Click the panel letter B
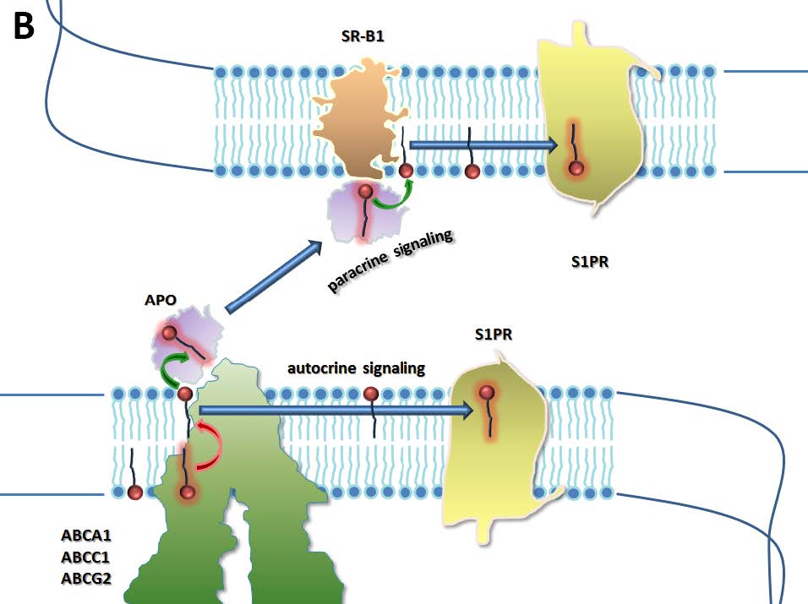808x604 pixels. [x=24, y=27]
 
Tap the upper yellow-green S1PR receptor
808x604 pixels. [x=592, y=110]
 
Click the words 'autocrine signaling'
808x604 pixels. [x=356, y=368]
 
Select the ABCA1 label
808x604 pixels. [x=85, y=536]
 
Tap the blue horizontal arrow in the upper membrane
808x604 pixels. [x=483, y=144]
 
